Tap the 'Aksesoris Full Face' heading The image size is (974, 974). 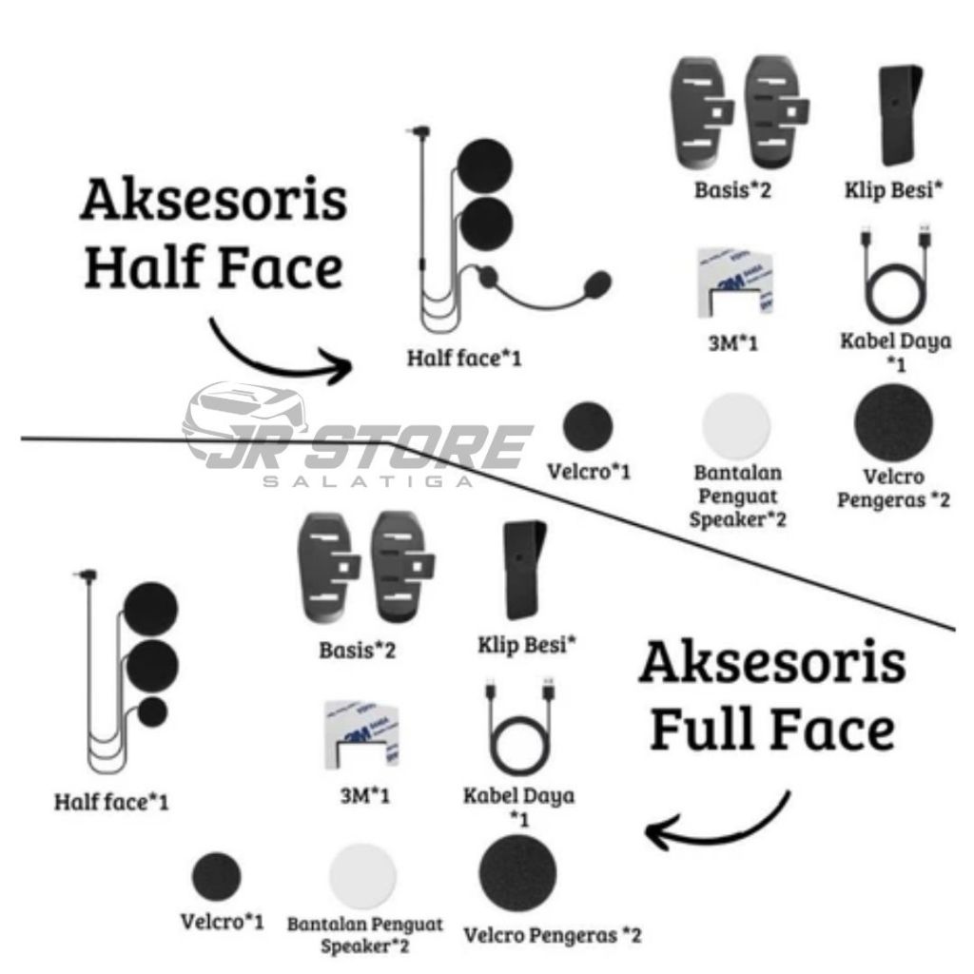(x=771, y=696)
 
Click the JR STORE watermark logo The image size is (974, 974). (x=358, y=438)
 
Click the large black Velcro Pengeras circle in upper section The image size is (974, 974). (x=893, y=419)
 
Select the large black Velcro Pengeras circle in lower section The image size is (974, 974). (x=517, y=873)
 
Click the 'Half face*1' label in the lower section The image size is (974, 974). (x=110, y=802)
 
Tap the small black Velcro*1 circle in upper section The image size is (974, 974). (x=588, y=426)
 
